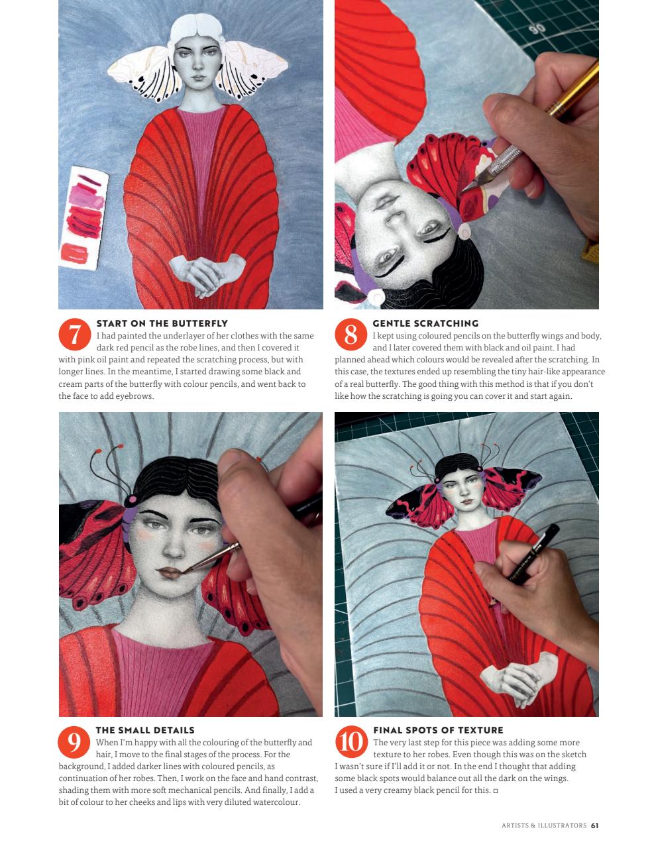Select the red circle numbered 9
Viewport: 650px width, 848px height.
click(75, 742)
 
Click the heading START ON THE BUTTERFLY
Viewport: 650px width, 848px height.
click(162, 323)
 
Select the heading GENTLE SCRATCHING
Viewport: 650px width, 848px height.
click(425, 323)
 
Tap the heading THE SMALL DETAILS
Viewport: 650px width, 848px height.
click(145, 730)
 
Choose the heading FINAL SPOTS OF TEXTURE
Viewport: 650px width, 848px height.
click(438, 730)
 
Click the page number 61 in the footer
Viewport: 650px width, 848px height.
click(594, 825)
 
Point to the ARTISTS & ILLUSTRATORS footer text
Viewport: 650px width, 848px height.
click(544, 825)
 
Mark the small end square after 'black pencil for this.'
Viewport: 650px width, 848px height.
click(496, 791)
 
